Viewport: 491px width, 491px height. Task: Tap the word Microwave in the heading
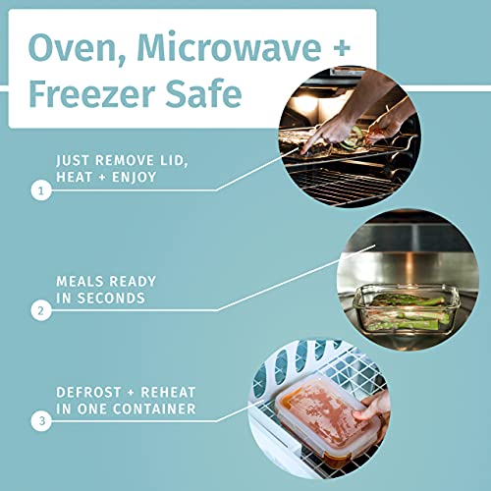coord(229,46)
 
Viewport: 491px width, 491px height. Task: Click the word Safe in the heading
coord(203,93)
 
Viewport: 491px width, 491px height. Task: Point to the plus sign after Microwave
coord(342,48)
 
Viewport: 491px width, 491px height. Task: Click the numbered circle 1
coord(41,191)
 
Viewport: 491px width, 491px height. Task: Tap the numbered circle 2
coord(41,310)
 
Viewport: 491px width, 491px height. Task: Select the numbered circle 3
coord(41,420)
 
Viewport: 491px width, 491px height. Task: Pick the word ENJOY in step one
coord(135,177)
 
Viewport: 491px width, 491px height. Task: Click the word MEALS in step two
coord(80,282)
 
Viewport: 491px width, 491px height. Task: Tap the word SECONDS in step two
coord(111,299)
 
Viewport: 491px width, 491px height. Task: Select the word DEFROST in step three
coord(88,392)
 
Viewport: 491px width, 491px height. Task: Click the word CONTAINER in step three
coord(154,409)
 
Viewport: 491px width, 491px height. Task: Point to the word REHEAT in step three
coord(168,392)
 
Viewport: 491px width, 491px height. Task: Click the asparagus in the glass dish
coord(409,312)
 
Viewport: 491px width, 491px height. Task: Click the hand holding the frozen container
coord(373,409)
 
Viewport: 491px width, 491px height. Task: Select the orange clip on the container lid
coord(284,400)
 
